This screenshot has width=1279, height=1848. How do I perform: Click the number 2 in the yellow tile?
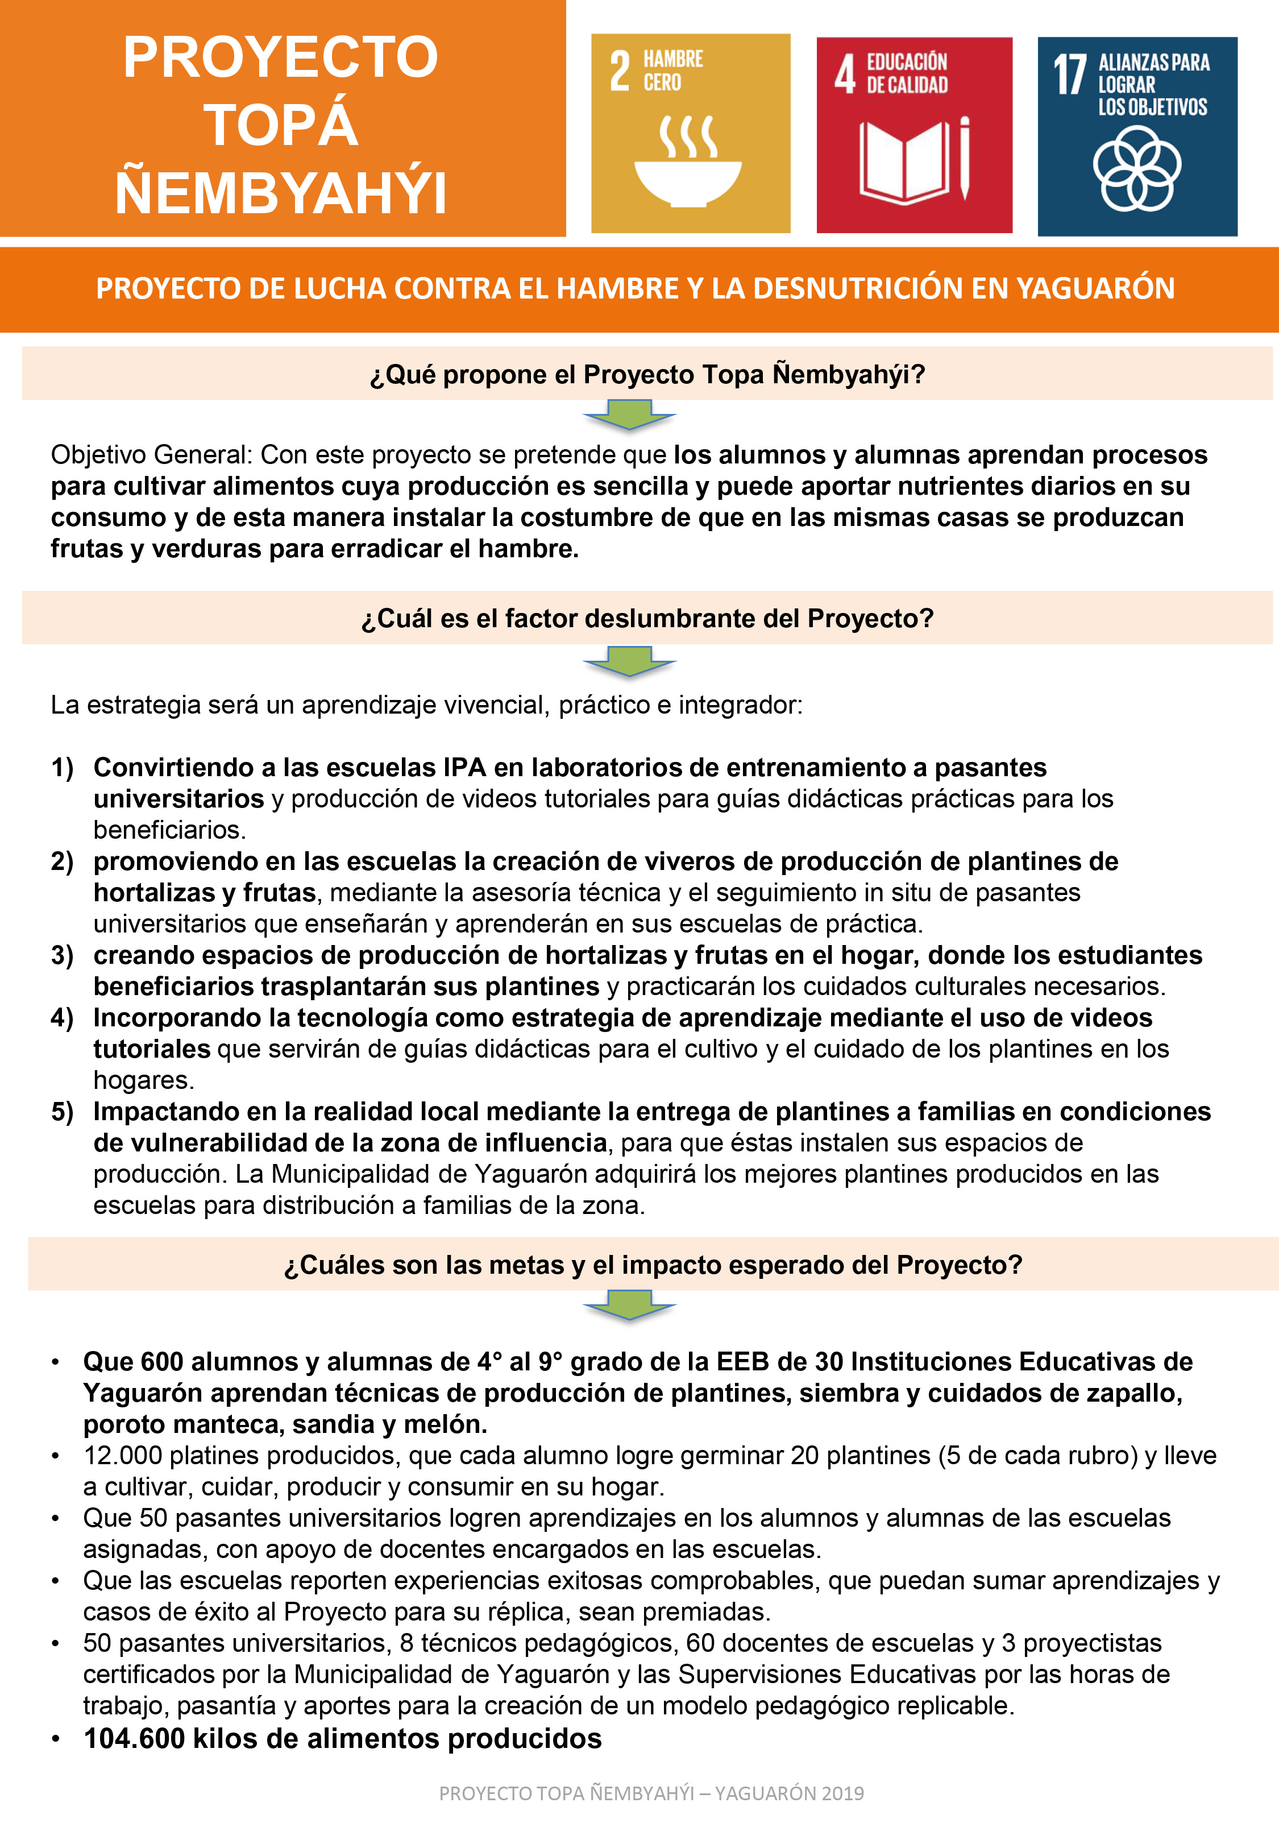[x=620, y=72]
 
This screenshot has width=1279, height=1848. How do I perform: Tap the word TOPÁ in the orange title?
[x=280, y=125]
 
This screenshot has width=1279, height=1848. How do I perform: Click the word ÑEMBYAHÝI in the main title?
[x=280, y=193]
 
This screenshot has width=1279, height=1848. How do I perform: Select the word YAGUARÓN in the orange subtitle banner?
[x=1095, y=288]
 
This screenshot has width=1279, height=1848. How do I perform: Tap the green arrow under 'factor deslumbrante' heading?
[x=629, y=662]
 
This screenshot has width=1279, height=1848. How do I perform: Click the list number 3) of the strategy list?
[x=62, y=955]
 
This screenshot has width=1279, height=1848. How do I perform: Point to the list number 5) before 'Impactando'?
[x=62, y=1112]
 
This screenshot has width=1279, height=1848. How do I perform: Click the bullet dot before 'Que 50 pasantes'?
[x=55, y=1519]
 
